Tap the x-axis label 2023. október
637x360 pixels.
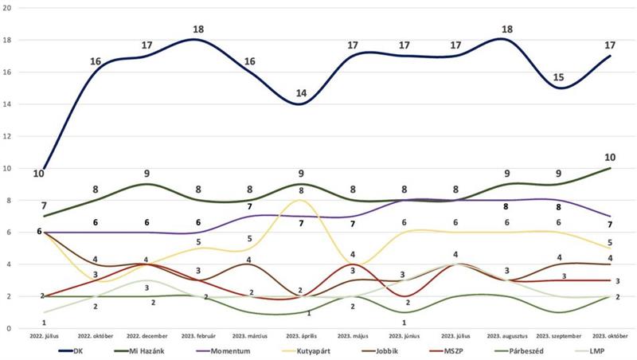[x=611, y=338]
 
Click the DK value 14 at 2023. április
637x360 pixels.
[x=301, y=93]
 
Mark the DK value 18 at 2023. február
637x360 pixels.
[x=200, y=29]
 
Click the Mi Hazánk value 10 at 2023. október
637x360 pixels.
[x=610, y=157]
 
